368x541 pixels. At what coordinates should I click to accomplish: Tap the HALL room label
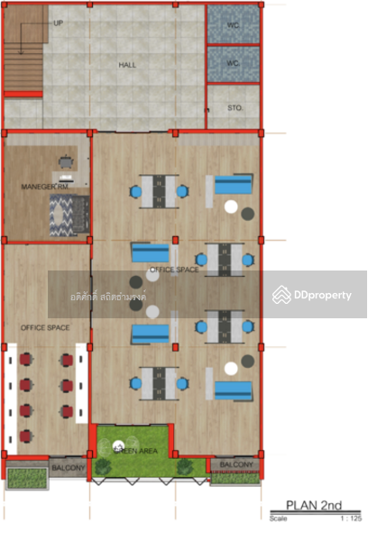[127, 65]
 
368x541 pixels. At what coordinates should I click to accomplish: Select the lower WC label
[232, 63]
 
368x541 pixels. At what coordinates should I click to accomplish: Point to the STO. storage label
[236, 107]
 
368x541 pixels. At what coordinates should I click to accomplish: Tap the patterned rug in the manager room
[69, 214]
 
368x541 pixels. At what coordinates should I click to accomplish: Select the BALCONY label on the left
[68, 467]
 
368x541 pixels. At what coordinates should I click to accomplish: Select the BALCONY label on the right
[236, 465]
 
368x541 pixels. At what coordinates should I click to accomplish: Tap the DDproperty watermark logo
[312, 295]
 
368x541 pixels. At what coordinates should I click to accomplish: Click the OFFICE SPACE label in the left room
[45, 326]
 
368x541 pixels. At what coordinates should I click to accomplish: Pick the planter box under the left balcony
[28, 477]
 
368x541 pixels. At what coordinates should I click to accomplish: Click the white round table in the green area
[118, 445]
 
